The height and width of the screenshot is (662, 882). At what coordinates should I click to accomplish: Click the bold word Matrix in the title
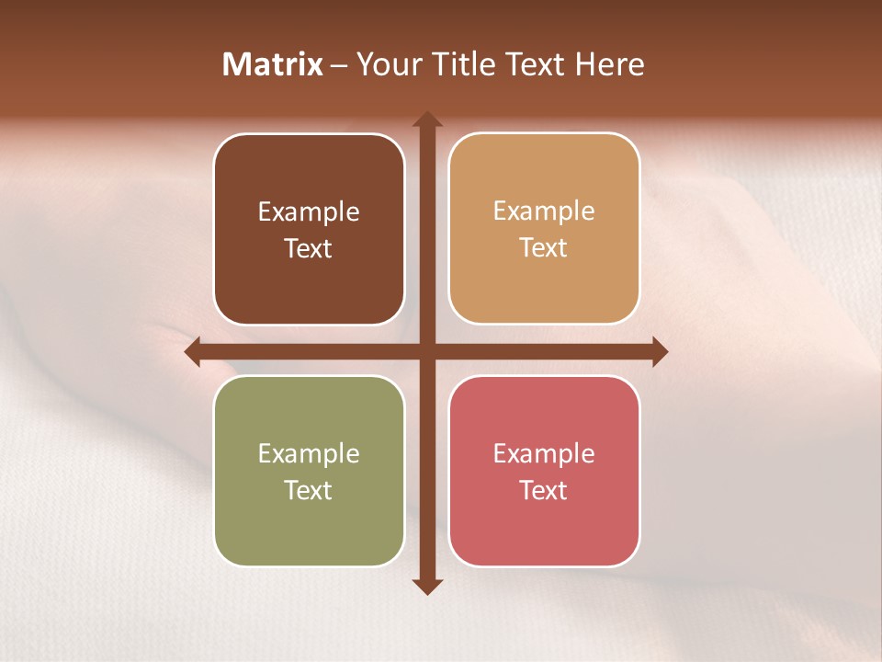pyautogui.click(x=273, y=64)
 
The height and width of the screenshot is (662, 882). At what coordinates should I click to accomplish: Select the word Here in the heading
pyautogui.click(x=609, y=64)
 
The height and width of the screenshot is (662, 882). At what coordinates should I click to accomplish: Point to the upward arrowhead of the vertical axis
pyautogui.click(x=427, y=120)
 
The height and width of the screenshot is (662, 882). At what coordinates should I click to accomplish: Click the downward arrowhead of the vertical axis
pyautogui.click(x=427, y=586)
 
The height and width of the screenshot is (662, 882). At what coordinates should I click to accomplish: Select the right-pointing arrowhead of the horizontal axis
pyautogui.click(x=659, y=351)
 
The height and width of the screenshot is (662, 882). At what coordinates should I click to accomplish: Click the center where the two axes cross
pyautogui.click(x=427, y=351)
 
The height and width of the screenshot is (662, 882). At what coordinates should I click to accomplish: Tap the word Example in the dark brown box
pyautogui.click(x=309, y=212)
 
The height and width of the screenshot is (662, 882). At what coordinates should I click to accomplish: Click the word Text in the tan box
pyautogui.click(x=544, y=248)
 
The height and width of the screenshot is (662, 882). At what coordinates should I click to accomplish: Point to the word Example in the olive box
pyautogui.click(x=309, y=454)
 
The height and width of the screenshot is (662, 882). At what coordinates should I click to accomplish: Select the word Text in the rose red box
pyautogui.click(x=544, y=490)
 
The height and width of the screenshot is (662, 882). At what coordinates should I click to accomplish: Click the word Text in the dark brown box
pyautogui.click(x=309, y=249)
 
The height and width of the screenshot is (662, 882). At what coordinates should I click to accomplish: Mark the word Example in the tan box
pyautogui.click(x=544, y=211)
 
